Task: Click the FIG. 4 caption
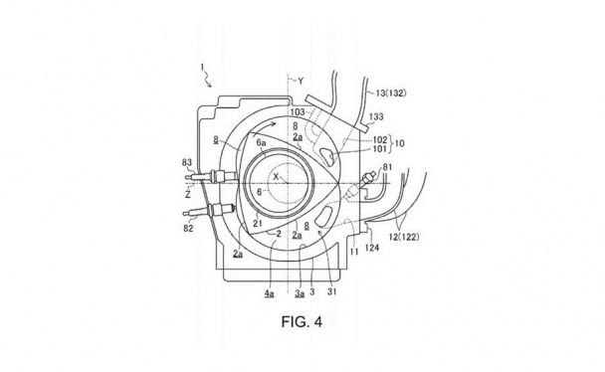coord(302,321)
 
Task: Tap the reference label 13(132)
coord(391,93)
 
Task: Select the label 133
coord(376,116)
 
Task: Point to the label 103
coord(298,112)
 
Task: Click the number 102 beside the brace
coord(380,139)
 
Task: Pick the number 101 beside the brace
coord(380,149)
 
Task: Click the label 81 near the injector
coord(387,167)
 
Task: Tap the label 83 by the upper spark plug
coord(187,163)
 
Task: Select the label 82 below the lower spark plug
coord(188,228)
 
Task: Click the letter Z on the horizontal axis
coord(188,195)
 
